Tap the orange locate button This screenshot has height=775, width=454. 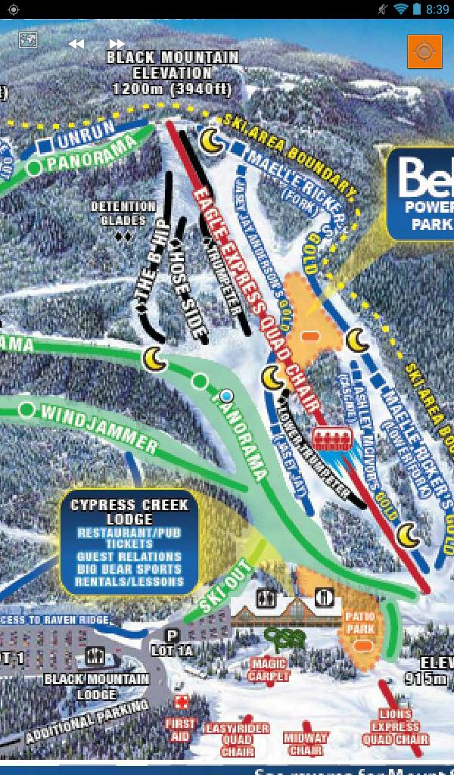point(424,51)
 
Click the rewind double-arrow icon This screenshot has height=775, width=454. point(76,44)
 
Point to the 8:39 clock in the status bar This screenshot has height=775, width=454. point(437,9)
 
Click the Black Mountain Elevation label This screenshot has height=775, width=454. point(172,73)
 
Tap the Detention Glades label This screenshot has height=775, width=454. point(123,213)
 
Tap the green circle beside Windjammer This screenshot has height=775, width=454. point(26,409)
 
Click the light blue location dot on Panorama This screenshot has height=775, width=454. point(226,396)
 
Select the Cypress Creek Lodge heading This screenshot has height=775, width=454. point(129,512)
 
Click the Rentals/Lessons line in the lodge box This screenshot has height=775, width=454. point(129,582)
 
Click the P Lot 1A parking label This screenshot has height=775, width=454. point(172,643)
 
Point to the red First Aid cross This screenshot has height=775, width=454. point(180,703)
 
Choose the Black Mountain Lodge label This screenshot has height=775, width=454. point(96,686)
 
